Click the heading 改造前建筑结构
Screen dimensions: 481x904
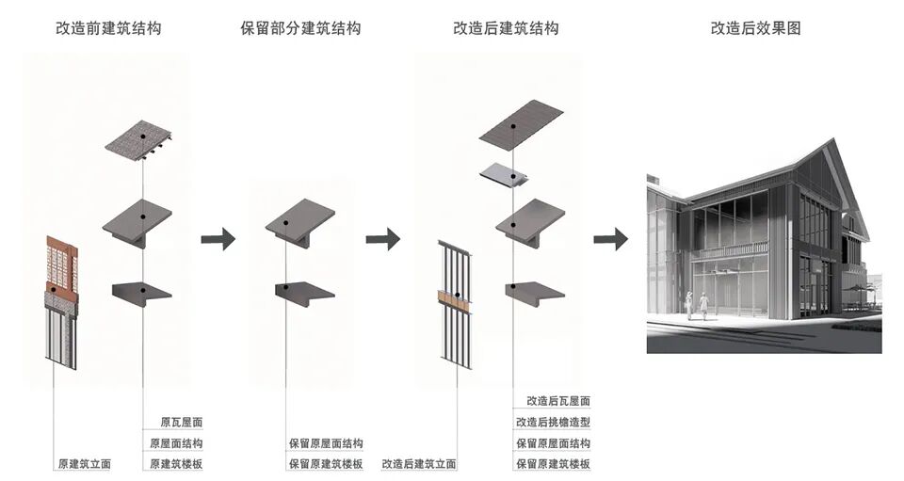[107, 28]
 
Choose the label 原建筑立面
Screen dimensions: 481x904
[84, 464]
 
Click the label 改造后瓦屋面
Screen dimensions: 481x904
[552, 401]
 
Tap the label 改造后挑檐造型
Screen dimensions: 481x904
[552, 423]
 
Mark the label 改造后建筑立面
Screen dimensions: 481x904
[419, 464]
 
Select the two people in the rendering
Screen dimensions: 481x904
[697, 305]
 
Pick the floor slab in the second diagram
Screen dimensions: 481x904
[304, 291]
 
